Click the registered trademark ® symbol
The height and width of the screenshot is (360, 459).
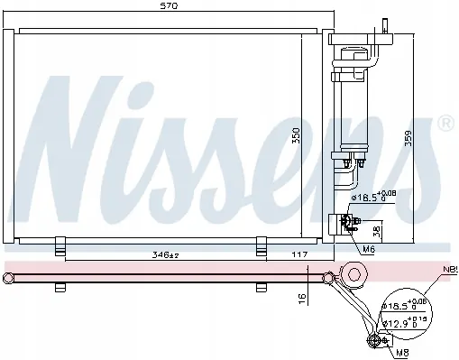[x=445, y=120]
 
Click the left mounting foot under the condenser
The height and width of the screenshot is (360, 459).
[x=60, y=245]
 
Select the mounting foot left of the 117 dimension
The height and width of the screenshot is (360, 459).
[x=261, y=245]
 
